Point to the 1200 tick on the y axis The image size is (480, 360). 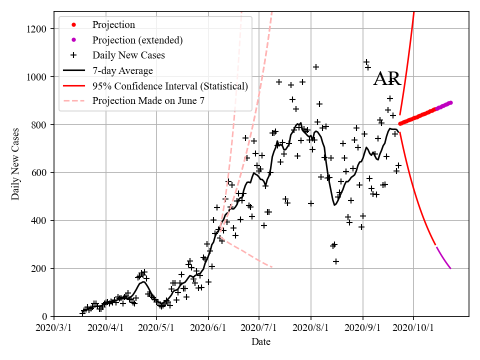[38, 29]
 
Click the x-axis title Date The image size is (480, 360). [261, 342]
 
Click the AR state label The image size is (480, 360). [387, 79]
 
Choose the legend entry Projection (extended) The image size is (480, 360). [137, 40]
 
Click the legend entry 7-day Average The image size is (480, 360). [122, 70]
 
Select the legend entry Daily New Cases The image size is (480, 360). [128, 55]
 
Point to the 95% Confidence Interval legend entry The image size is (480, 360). [170, 86]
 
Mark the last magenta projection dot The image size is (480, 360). [450, 102]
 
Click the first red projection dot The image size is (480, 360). [400, 123]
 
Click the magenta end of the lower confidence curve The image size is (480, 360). [450, 268]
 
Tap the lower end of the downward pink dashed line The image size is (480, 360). [272, 267]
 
